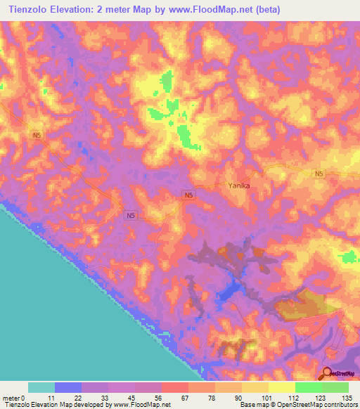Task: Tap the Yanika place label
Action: [x=239, y=186]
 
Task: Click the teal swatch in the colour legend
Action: [x=41, y=387]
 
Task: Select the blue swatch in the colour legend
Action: [x=68, y=387]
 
